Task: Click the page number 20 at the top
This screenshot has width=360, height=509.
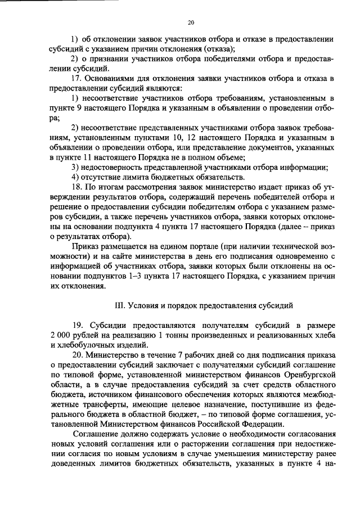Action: [x=190, y=22]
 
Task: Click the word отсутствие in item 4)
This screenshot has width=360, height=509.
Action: [x=103, y=177]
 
